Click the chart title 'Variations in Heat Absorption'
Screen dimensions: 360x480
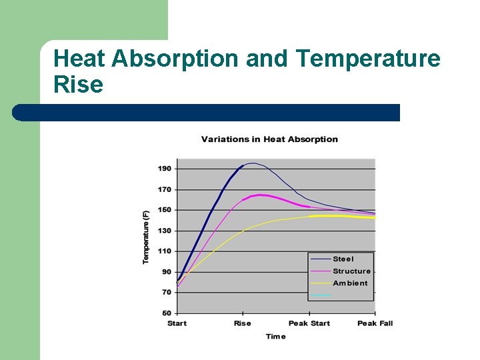pos(269,139)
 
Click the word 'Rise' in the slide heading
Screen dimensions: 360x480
pos(78,85)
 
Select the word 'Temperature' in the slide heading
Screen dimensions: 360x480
pos(369,59)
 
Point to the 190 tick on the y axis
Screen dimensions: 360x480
pos(165,169)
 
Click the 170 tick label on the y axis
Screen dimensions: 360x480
pos(165,189)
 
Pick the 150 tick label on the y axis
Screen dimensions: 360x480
pos(165,210)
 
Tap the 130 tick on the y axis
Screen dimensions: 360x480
pos(165,231)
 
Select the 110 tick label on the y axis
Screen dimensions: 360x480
pos(165,251)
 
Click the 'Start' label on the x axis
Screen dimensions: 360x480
pos(177,323)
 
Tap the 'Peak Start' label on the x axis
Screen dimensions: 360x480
pos(309,323)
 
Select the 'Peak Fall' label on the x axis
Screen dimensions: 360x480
pos(375,323)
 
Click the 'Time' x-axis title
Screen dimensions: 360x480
pos(275,337)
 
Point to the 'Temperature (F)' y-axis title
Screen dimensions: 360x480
pos(146,236)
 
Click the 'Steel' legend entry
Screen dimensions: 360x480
pos(343,259)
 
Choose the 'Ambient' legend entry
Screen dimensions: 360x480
pos(350,283)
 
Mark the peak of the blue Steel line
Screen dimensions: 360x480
pos(251,163)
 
